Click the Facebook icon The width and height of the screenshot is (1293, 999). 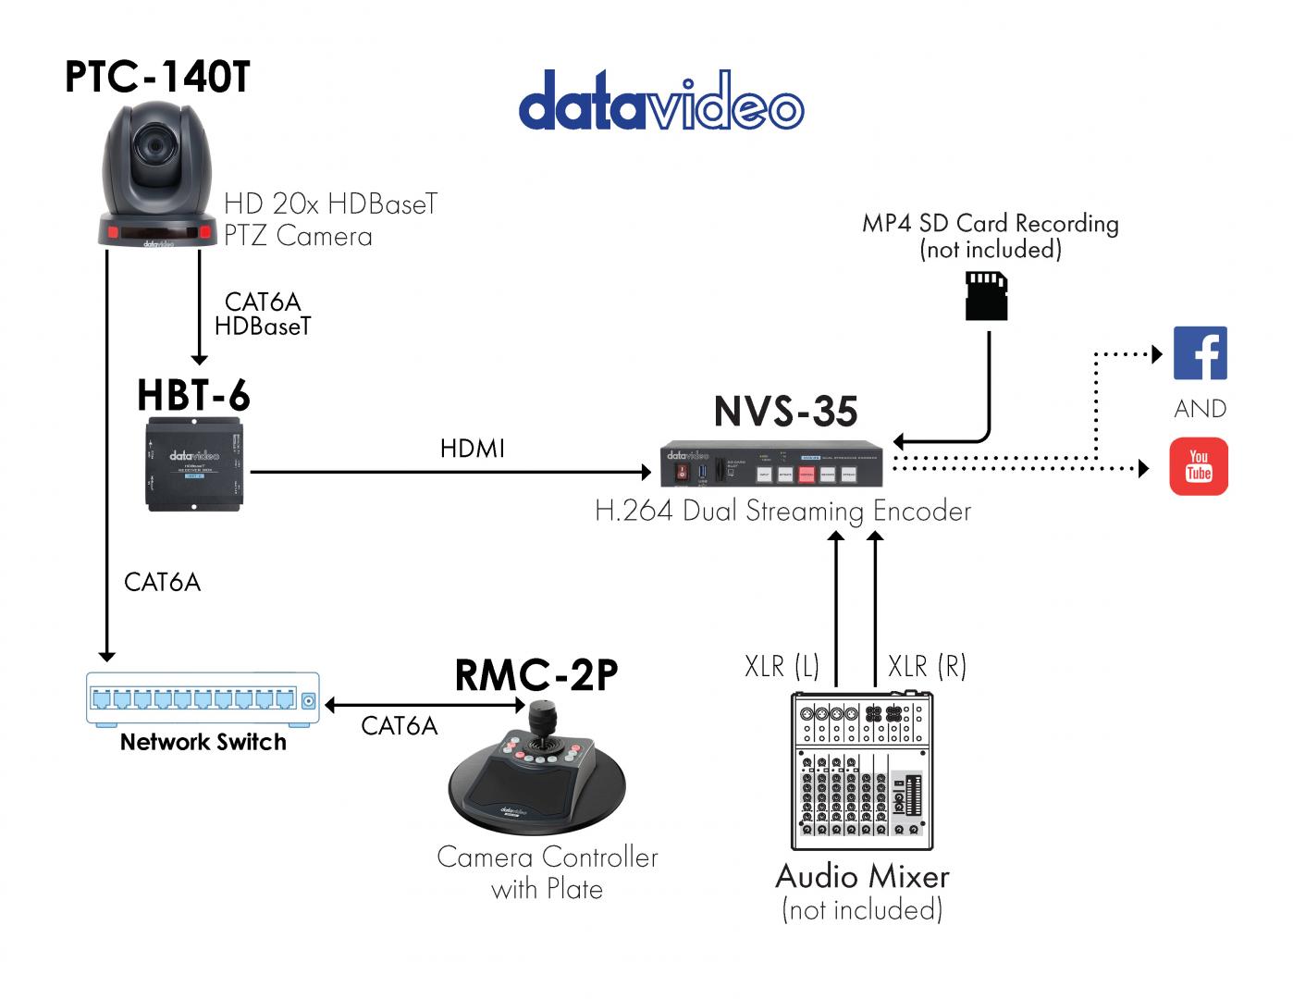1200,352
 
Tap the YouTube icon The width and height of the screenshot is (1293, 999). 1199,466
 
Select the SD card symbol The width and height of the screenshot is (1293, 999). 986,296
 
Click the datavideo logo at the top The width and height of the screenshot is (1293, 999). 660,101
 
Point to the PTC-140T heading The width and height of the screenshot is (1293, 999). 157,77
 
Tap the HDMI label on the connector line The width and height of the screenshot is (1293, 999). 472,449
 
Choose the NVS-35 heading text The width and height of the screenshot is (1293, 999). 785,412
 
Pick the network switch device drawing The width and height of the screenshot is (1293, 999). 203,698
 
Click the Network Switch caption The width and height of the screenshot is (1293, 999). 203,742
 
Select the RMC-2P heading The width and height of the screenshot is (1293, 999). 536,675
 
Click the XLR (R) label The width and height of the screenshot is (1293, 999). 927,666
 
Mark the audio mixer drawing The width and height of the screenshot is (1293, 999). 862,771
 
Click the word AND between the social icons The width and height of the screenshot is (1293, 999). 1200,409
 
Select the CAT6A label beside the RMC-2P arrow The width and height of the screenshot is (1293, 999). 399,726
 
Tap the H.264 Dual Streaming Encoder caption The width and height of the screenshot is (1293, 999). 782,512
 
